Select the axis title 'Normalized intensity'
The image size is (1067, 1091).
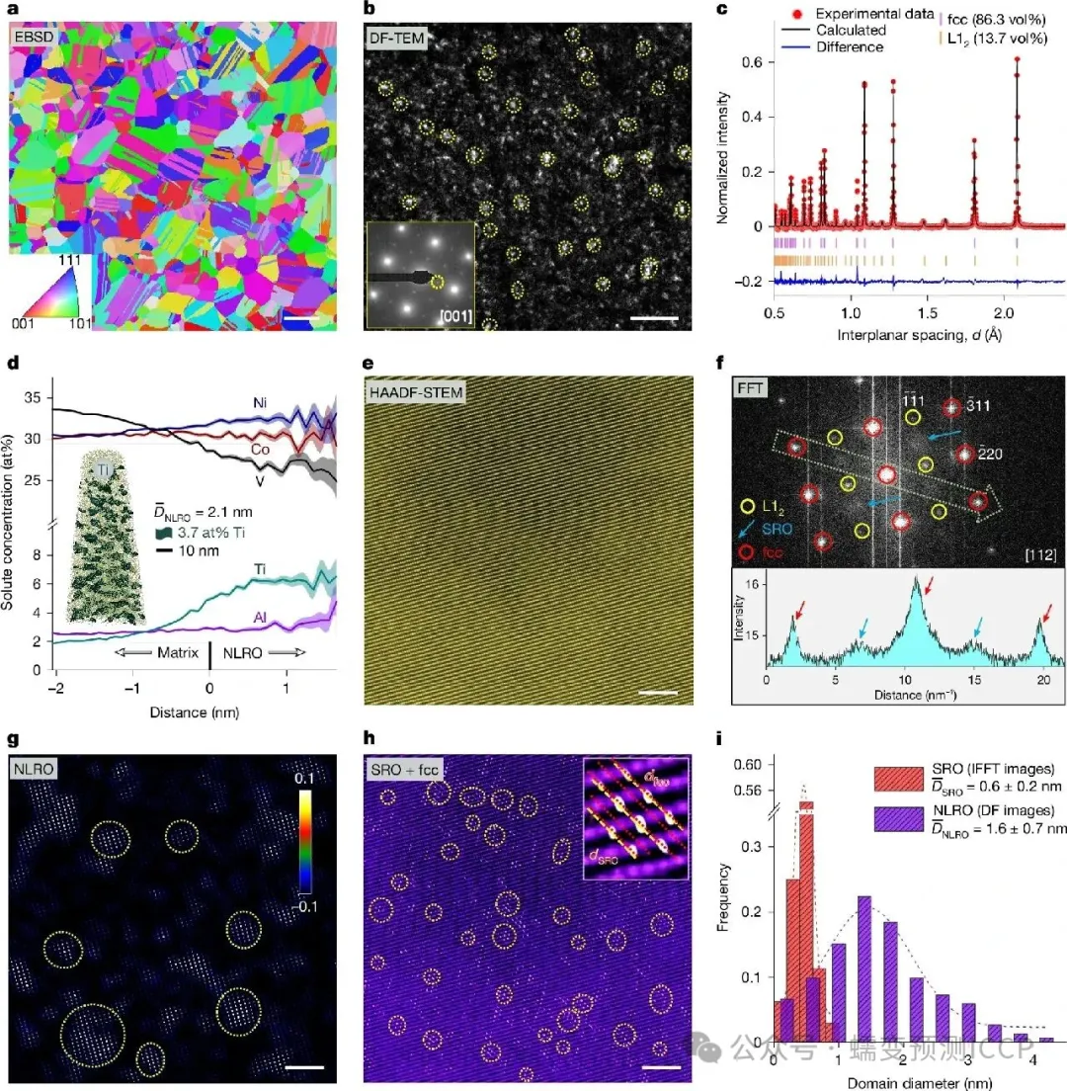pyautogui.click(x=724, y=173)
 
